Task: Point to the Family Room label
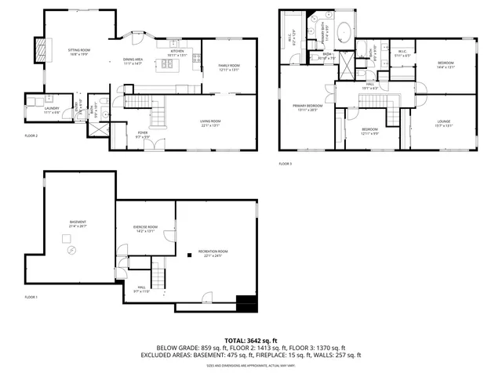click(228, 66)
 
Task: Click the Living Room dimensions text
click(211, 125)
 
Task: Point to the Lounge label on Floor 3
click(445, 120)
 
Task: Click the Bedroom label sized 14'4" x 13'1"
click(446, 65)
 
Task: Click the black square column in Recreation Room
click(190, 254)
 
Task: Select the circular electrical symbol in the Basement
click(71, 250)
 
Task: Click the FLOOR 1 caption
click(31, 297)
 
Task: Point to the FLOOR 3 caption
click(285, 164)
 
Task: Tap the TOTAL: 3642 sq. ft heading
click(251, 340)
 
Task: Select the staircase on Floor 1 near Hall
click(159, 274)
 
